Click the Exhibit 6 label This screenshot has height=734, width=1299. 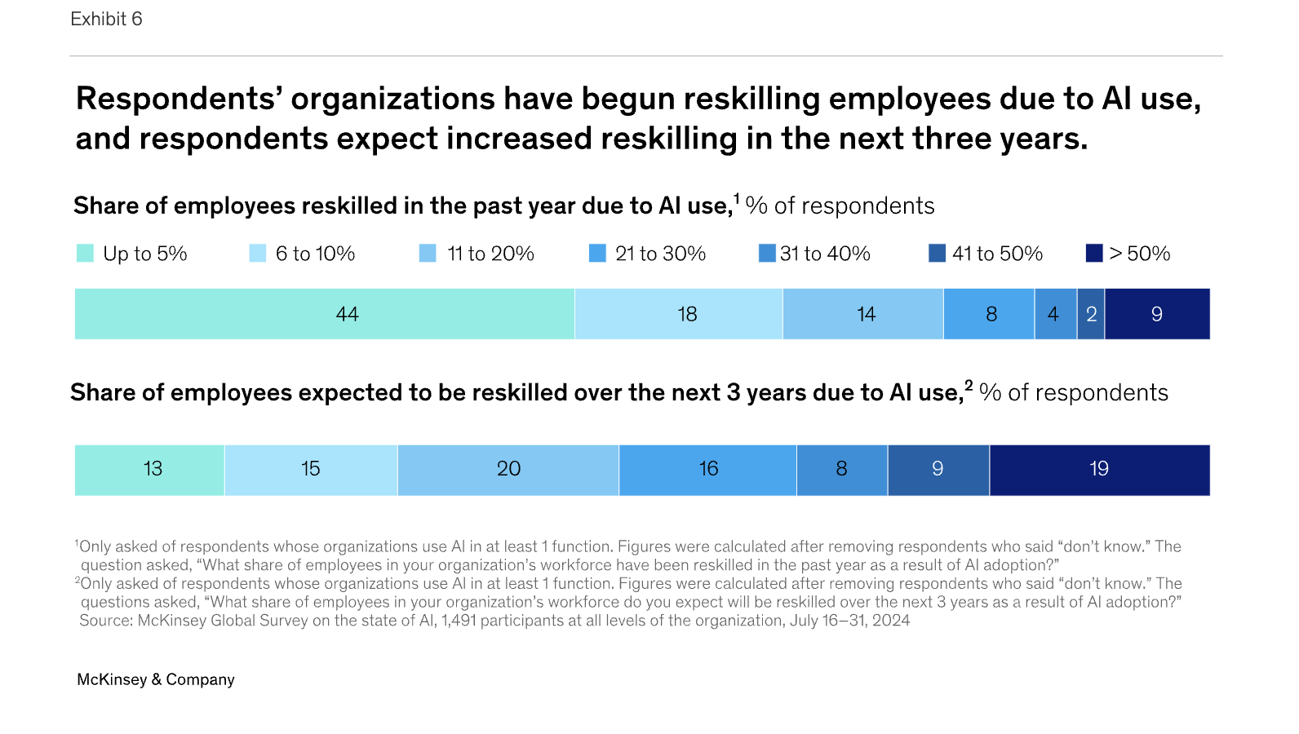pos(106,19)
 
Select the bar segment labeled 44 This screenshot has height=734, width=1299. pos(325,314)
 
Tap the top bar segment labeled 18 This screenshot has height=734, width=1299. pos(678,314)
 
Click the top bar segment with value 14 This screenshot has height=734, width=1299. pos(862,314)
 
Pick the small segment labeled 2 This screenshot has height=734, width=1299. pos(1091,314)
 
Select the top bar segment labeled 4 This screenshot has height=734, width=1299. pos(1055,314)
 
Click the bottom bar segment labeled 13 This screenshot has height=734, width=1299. pos(149,470)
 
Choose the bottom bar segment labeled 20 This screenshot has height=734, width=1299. pos(508,470)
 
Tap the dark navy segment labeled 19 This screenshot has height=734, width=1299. pos(1099,470)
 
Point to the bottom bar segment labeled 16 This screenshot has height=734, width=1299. pos(707,470)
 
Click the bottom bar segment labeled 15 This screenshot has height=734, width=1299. pos(311,470)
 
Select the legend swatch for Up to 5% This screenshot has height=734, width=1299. pos(85,254)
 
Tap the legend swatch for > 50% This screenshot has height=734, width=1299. pos(1094,254)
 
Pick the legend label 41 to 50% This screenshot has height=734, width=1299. pos(997,254)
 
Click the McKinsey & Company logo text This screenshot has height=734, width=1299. pos(155,679)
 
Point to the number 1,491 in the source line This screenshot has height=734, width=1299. pos(459,621)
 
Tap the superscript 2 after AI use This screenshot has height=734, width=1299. pos(969,385)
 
